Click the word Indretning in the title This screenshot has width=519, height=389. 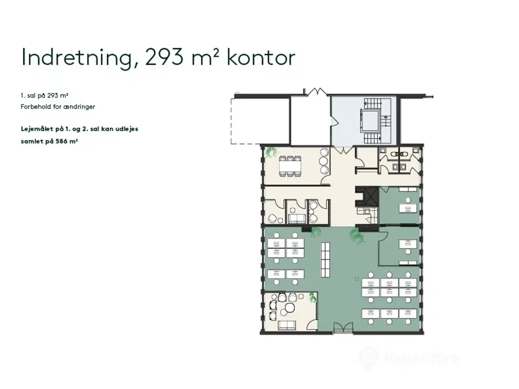click(x=76, y=58)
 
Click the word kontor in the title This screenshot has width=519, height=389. click(x=260, y=58)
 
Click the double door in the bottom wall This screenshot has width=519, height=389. click(x=343, y=328)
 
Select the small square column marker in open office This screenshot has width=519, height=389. click(x=357, y=278)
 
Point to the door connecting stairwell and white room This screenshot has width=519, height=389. click(x=332, y=121)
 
